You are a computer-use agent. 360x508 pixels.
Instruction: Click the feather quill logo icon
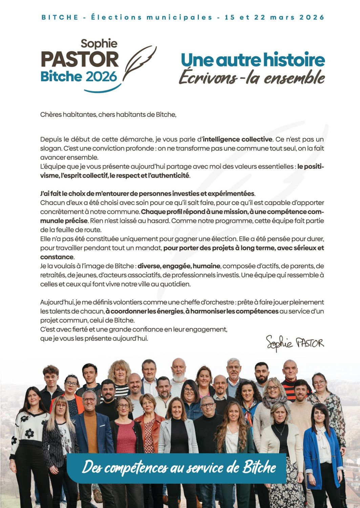[140, 63]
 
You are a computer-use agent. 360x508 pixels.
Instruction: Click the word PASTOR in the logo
[80, 59]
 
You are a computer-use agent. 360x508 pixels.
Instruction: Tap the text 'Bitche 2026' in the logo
[79, 77]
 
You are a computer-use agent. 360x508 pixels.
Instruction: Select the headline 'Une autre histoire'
[253, 60]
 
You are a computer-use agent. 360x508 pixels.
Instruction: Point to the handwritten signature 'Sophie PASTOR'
[295, 343]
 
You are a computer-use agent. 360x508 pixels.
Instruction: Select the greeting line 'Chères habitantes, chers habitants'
[108, 114]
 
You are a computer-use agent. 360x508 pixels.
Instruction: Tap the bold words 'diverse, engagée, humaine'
[179, 266]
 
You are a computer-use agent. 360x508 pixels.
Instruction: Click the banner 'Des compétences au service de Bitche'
[179, 468]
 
